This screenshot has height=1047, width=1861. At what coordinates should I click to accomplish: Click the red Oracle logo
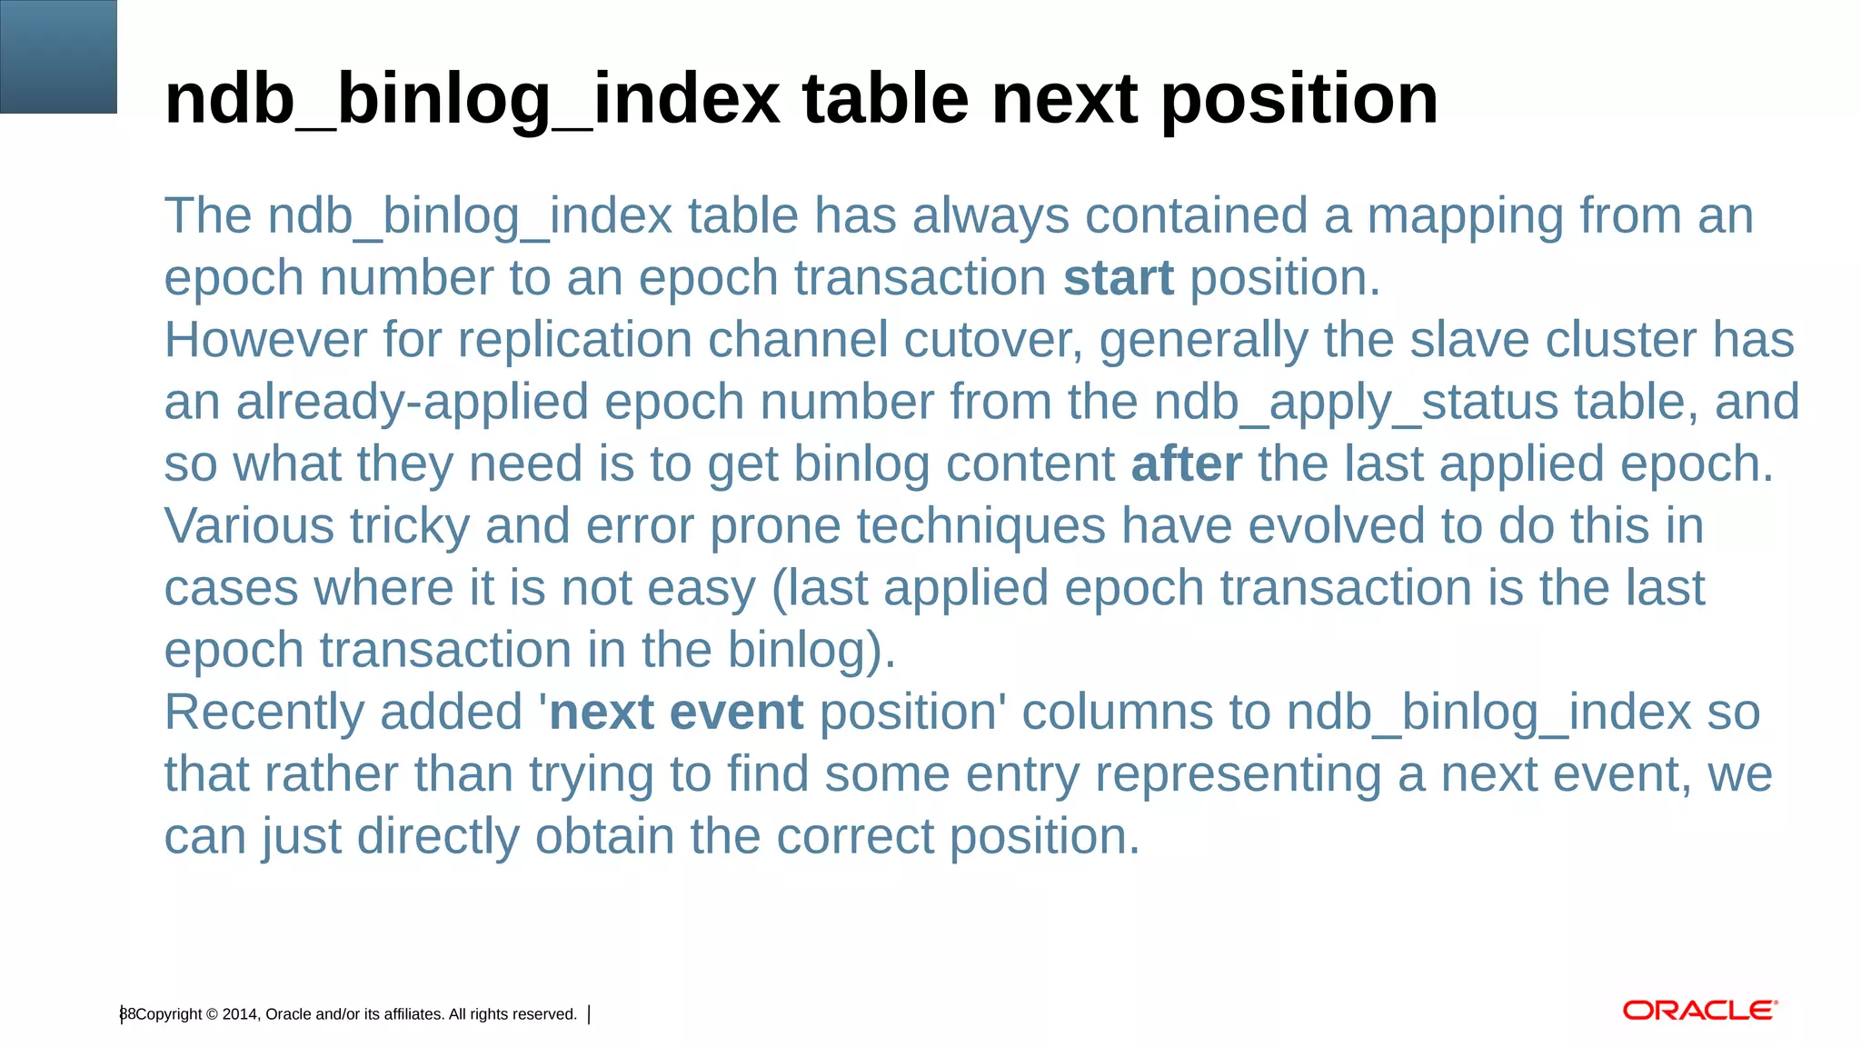coord(1699,1011)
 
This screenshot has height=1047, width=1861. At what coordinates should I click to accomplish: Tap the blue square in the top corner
coord(58,56)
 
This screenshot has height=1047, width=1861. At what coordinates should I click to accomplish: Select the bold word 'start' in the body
coord(1118,278)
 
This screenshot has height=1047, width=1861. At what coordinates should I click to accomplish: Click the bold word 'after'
coord(1186,464)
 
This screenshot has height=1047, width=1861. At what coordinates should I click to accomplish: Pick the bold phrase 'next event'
coord(676,712)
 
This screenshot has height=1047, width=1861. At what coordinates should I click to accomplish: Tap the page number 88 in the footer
coord(127,1014)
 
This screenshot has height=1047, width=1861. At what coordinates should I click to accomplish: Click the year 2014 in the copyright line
coord(239,1014)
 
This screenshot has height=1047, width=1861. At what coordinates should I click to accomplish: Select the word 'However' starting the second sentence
coord(265,341)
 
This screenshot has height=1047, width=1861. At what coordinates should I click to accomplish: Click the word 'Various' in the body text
coord(248,526)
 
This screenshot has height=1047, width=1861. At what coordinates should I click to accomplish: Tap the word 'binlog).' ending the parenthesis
coord(811,651)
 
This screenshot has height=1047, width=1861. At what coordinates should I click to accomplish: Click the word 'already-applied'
coord(412,403)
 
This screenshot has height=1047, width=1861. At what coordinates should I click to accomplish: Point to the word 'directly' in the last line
coord(436,837)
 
